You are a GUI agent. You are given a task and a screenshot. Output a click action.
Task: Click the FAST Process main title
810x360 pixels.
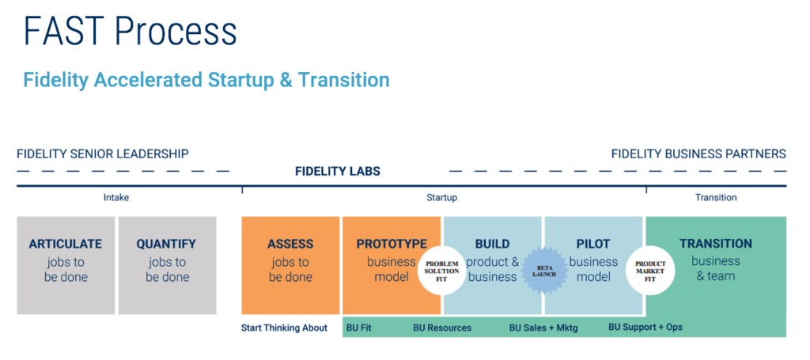pos(131,32)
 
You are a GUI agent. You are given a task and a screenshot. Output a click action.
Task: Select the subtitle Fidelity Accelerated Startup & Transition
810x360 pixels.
pos(206,80)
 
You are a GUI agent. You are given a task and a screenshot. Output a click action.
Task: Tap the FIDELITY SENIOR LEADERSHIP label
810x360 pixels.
pos(103,154)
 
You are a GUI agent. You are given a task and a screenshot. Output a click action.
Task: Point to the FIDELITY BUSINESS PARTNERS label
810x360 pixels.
pos(698,154)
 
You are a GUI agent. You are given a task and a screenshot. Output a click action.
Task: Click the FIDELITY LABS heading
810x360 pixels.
pos(338,171)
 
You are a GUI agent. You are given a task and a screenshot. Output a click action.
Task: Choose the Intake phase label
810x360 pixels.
pos(116,197)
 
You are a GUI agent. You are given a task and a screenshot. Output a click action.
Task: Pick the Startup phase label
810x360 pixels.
pos(441,197)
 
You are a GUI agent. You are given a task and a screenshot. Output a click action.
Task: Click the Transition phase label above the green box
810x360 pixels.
pos(716,197)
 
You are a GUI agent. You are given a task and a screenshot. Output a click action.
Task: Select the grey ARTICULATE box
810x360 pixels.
pos(66,266)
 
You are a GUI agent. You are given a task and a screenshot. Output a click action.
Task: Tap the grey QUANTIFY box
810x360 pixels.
pos(168,266)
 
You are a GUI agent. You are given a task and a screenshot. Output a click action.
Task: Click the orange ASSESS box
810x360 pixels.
pos(290,266)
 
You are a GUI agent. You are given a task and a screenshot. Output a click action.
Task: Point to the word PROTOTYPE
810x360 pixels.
pos(392,244)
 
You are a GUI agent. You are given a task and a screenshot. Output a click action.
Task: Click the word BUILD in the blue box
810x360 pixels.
pos(492,244)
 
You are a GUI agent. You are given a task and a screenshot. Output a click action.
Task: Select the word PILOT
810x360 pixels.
pos(593,244)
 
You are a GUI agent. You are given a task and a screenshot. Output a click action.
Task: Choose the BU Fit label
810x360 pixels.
pos(359,328)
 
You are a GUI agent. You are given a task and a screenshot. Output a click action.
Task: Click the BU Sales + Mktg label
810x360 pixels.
pos(543,328)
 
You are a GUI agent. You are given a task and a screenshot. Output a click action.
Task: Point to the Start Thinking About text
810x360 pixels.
pos(284,328)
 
